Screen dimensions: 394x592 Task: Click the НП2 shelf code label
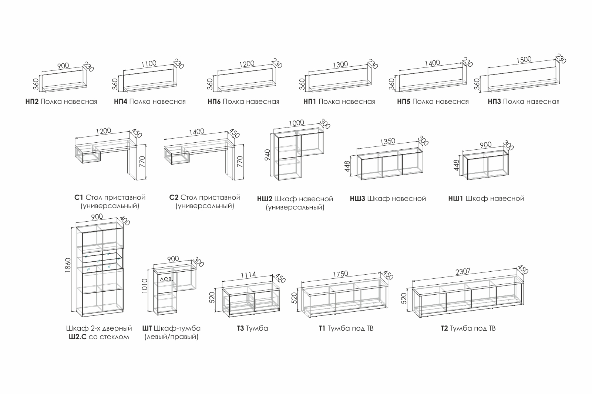click(32, 102)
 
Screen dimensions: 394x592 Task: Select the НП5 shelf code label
click(404, 102)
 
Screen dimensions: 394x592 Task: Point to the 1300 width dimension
click(340, 64)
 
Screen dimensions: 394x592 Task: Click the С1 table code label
click(79, 198)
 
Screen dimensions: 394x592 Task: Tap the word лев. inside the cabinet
click(166, 279)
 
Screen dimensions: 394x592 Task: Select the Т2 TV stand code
click(445, 328)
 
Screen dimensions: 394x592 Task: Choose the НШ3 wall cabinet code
click(357, 199)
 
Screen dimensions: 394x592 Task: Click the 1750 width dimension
click(340, 274)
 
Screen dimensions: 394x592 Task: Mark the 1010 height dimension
click(145, 286)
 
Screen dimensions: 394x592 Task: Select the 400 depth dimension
click(125, 221)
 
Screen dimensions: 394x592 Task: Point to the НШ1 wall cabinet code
click(455, 199)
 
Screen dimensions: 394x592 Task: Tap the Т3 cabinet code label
click(240, 328)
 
